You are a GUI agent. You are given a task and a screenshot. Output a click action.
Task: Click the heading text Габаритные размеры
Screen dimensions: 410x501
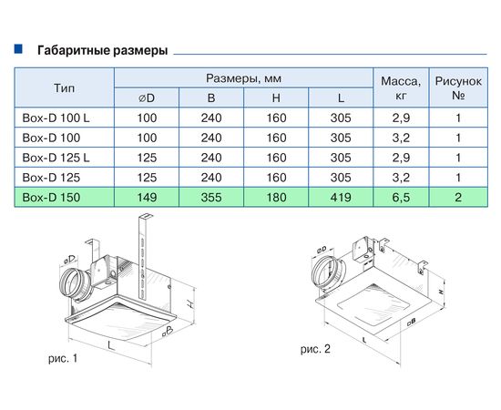click(101, 51)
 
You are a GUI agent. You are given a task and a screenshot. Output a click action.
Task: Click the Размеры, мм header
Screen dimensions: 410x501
click(242, 77)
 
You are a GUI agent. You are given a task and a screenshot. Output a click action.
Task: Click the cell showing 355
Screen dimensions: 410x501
click(210, 197)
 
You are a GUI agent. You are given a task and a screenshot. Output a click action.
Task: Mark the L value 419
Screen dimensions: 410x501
click(341, 197)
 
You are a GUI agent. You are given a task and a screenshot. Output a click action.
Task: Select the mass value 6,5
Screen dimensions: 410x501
click(398, 197)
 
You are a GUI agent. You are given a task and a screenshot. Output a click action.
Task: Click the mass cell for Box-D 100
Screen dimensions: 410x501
click(398, 137)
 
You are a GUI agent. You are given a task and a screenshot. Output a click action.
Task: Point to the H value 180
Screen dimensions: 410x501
click(275, 197)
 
